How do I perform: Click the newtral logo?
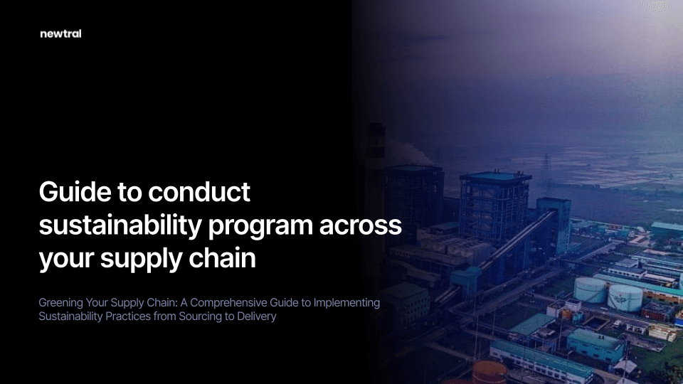point(60,34)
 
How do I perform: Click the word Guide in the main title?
point(75,191)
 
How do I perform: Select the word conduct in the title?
point(199,191)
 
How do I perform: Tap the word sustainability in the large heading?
point(120,226)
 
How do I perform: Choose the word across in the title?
point(361,226)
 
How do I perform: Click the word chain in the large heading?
point(222,257)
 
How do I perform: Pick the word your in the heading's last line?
point(66,260)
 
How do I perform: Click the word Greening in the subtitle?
point(60,303)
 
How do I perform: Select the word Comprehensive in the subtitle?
point(228,303)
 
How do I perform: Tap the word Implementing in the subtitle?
point(346,303)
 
